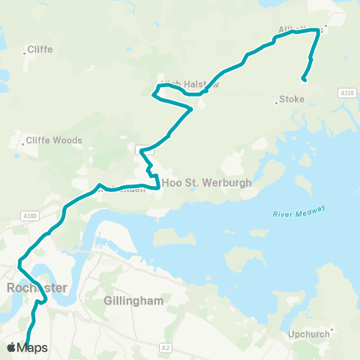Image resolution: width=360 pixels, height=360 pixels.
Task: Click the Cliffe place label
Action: [39, 50]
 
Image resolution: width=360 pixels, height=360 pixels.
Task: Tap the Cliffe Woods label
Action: [55, 140]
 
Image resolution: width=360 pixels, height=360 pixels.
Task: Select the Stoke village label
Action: [291, 98]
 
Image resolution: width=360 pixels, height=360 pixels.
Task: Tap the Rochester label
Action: [36, 288]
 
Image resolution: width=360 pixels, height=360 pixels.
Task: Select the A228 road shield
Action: [346, 92]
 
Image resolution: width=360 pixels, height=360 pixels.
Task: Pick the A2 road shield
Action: [166, 348]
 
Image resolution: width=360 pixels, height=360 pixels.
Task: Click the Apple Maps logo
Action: [27, 347]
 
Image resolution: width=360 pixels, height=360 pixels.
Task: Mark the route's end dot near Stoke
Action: [303, 79]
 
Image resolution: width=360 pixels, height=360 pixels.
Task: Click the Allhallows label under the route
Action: [299, 30]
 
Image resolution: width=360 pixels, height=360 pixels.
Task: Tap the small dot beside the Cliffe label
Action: [24, 51]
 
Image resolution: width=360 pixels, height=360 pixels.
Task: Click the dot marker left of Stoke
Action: [277, 102]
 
